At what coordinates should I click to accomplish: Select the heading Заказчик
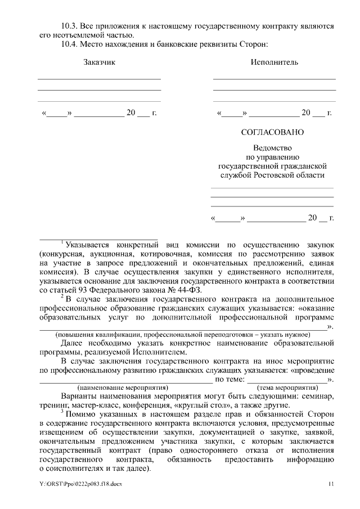(x=99, y=62)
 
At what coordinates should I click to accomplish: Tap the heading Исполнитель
(x=274, y=62)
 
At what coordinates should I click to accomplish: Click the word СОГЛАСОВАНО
(x=272, y=133)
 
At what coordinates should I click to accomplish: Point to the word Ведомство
(x=272, y=148)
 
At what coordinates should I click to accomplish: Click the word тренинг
(x=53, y=406)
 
